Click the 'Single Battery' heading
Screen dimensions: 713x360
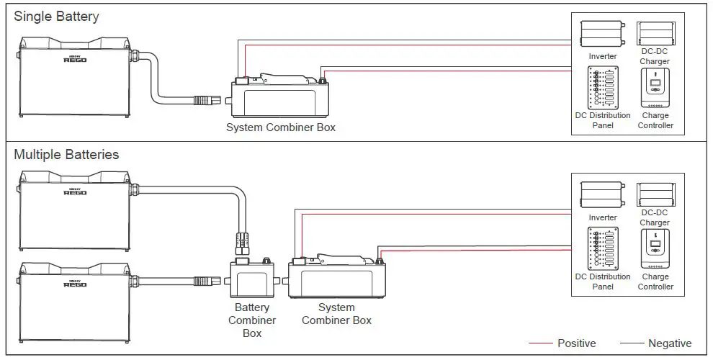(56, 17)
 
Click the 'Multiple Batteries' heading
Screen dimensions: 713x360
(66, 155)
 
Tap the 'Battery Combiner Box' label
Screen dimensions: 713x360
(252, 320)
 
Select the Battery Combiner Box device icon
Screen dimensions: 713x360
(251, 278)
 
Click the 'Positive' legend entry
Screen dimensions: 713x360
(577, 343)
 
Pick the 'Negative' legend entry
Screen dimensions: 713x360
(670, 343)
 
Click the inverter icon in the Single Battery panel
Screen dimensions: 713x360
(603, 34)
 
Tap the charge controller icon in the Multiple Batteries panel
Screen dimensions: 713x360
(655, 248)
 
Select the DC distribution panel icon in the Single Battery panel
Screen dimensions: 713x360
(603, 87)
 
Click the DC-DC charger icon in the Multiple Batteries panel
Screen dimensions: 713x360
(655, 194)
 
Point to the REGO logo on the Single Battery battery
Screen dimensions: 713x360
(75, 59)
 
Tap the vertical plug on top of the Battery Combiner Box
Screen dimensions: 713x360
(243, 243)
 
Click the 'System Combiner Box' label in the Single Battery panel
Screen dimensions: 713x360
(281, 127)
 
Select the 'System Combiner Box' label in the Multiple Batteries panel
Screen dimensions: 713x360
(336, 314)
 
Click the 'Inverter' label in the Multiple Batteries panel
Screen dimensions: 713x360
(603, 217)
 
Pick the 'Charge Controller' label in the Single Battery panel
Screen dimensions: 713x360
(655, 120)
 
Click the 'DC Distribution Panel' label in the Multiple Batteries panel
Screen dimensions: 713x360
(603, 282)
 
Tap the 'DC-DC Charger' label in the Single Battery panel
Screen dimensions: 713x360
(655, 56)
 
